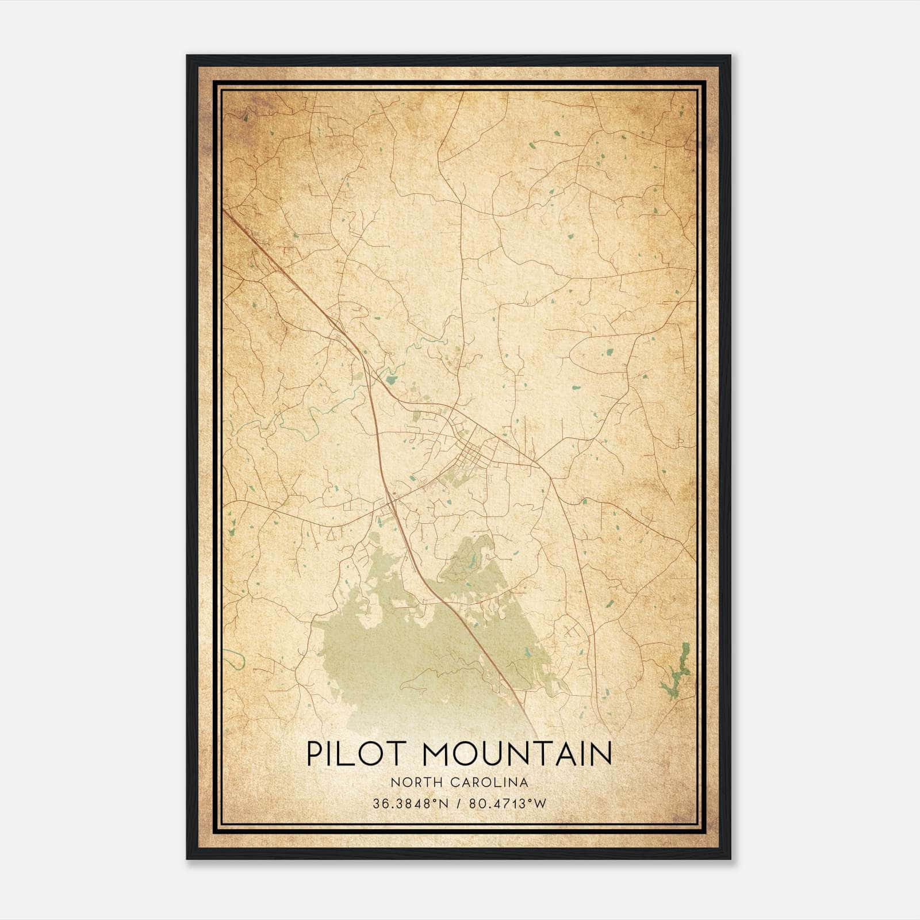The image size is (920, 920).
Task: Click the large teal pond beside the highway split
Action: pos(392,379)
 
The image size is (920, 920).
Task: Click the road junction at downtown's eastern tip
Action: pos(536,462)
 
